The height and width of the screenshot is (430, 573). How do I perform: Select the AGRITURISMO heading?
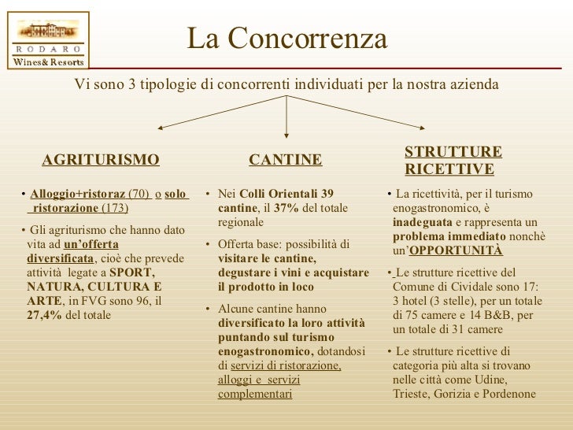pos(100,161)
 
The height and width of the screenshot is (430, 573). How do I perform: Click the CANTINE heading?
pos(285,161)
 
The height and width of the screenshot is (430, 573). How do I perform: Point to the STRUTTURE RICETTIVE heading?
pos(453,161)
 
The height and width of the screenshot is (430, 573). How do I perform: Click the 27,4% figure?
pos(43,315)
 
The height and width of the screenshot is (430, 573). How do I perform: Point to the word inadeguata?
pos(421,222)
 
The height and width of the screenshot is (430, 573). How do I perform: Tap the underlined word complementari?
pos(254,394)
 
